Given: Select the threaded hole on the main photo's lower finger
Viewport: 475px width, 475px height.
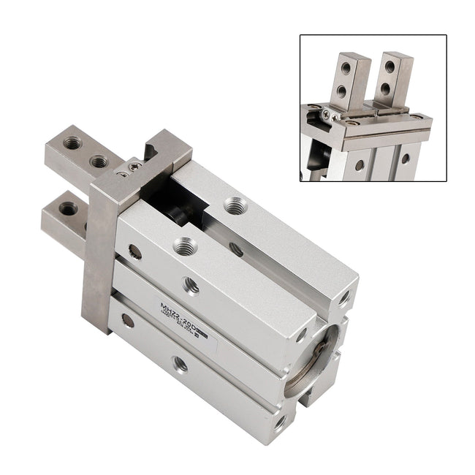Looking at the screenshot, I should [68, 209].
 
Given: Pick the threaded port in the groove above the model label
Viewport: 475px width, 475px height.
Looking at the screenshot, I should [191, 286].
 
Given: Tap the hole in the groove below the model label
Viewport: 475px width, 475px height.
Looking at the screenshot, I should [180, 363].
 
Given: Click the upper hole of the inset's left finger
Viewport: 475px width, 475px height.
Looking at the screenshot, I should [346, 69].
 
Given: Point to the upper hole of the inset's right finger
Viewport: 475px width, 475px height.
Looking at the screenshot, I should [389, 67].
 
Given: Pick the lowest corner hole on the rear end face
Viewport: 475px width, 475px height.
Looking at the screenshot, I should [280, 422].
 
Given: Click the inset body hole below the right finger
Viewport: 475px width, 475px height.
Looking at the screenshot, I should [405, 157].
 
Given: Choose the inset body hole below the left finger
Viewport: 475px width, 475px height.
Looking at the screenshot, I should [358, 165].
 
